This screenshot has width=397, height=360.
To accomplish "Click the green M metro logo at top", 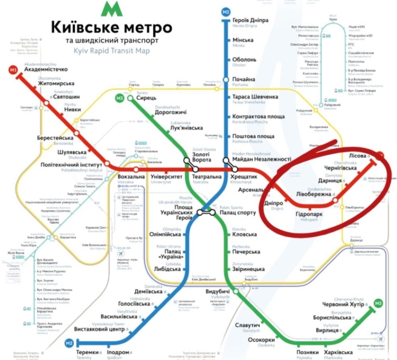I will click(x=110, y=8).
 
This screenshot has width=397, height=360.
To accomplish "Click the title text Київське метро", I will click(x=112, y=28).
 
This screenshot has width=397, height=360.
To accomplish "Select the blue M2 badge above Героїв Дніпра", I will click(x=226, y=12).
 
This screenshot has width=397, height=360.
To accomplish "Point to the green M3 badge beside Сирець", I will click(x=120, y=97).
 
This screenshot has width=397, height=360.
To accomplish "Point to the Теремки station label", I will click(x=90, y=350).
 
